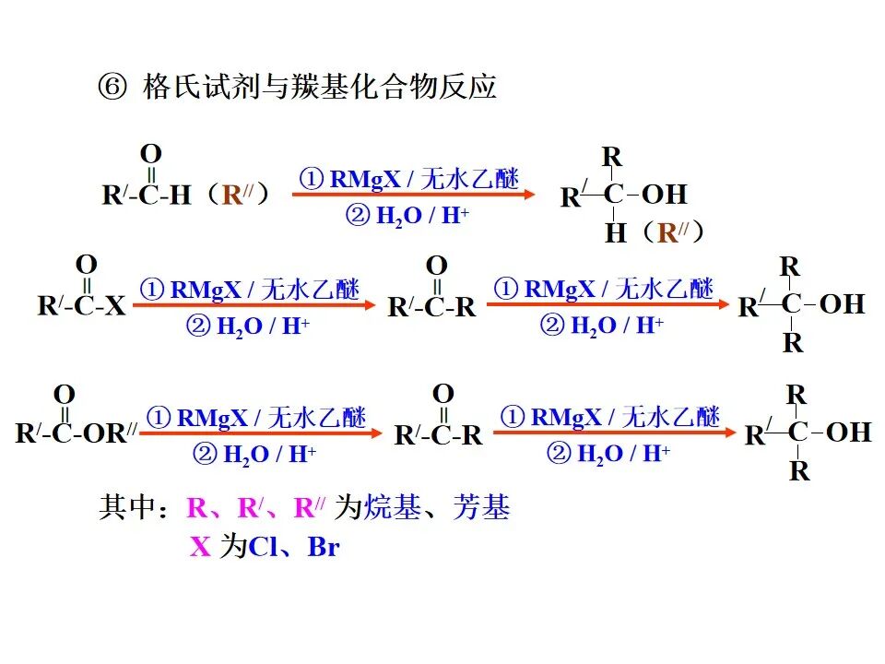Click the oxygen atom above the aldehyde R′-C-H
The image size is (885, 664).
click(151, 153)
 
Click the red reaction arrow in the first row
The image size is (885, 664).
click(414, 195)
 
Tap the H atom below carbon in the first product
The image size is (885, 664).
click(615, 233)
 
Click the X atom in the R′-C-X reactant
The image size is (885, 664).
click(115, 306)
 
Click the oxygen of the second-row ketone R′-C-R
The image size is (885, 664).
click(437, 267)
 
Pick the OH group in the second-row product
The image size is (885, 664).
click(842, 303)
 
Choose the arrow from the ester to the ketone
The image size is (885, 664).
click(261, 433)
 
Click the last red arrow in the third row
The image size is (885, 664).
click(616, 432)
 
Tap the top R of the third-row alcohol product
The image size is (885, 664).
click(796, 395)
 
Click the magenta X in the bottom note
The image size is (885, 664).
click(200, 547)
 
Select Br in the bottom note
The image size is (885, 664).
click(323, 547)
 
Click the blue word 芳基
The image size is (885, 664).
click(481, 507)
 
